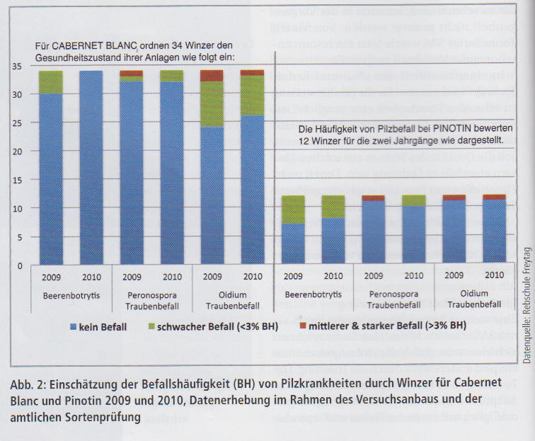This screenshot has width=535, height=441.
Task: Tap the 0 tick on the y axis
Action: (x=21, y=265)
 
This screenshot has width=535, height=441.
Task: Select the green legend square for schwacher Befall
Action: (x=170, y=326)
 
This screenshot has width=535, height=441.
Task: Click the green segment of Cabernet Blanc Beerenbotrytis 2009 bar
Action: (x=50, y=82)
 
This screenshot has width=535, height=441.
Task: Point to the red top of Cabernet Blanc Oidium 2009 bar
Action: (x=212, y=75)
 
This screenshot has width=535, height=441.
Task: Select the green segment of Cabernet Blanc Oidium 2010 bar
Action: (x=252, y=96)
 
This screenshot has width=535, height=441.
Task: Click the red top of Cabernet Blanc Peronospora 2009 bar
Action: (x=131, y=73)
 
